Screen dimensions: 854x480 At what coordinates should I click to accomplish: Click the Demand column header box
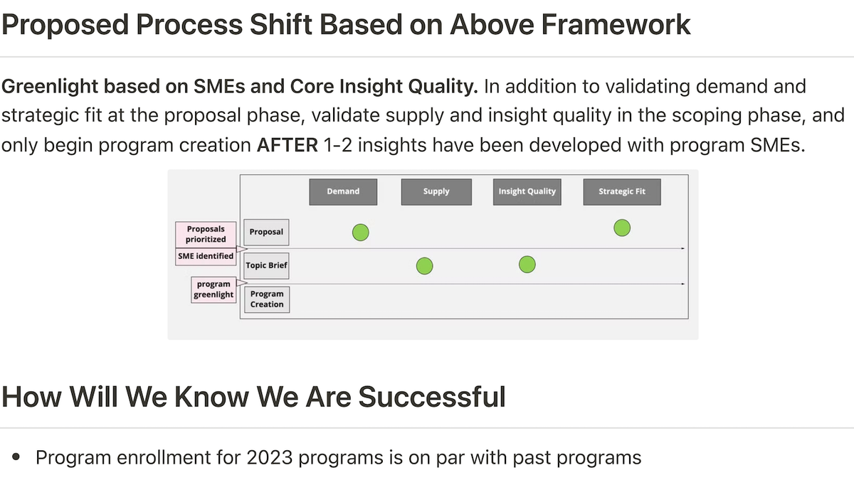pos(343,192)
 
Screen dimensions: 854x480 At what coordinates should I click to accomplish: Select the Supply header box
pos(436,192)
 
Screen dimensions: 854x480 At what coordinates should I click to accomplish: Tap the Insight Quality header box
pos(527,192)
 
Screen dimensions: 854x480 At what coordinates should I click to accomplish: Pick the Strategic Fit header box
pos(622,192)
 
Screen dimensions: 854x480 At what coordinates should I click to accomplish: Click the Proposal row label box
pos(266,232)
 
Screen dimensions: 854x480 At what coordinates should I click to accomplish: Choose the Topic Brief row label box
pos(266,265)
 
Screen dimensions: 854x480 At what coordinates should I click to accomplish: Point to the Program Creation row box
pos(267,299)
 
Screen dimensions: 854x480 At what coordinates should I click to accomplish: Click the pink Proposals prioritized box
pos(206,234)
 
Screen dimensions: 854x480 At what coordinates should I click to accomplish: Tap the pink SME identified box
pos(206,257)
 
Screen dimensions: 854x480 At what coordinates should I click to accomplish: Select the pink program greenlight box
pos(213,289)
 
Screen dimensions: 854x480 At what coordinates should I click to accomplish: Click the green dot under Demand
pos(361,233)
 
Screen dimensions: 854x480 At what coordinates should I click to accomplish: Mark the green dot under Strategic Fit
pos(622,228)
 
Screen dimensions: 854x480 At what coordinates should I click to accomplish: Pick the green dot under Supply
pos(424,266)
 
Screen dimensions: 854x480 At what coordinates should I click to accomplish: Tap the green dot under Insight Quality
pos(527,265)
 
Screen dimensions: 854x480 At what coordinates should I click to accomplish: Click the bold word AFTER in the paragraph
pos(287,145)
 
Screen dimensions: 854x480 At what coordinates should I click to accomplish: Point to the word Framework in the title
pos(616,25)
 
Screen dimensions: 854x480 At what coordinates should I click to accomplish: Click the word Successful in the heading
pos(432,397)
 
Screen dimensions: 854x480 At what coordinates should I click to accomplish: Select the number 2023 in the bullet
pos(269,457)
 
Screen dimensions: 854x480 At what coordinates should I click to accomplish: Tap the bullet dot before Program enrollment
pos(16,457)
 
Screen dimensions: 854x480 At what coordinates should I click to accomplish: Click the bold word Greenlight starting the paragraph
pos(50,87)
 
